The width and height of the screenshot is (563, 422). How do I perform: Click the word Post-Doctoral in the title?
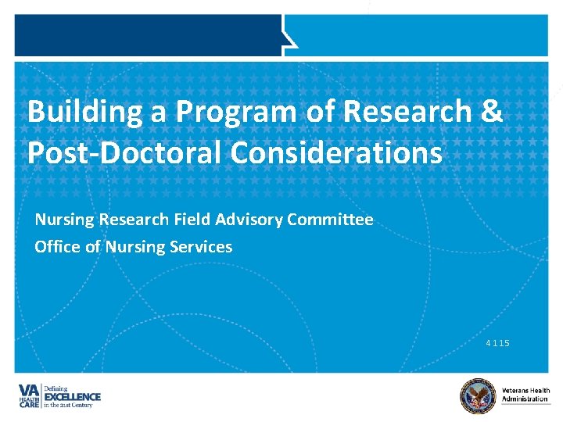click(125, 153)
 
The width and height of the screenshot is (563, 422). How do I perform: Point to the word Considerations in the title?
click(336, 153)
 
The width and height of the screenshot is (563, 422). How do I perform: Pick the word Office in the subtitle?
click(57, 247)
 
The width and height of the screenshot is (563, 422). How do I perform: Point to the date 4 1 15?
click(497, 343)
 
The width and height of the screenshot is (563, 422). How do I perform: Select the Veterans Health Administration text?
click(525, 395)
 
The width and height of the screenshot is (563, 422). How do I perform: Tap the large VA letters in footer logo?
click(30, 390)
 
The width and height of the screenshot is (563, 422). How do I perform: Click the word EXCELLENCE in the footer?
click(71, 397)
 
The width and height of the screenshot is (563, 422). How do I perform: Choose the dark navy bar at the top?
click(149, 35)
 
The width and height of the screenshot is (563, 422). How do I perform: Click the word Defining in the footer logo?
click(56, 388)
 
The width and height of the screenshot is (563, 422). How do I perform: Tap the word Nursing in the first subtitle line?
click(60, 220)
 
